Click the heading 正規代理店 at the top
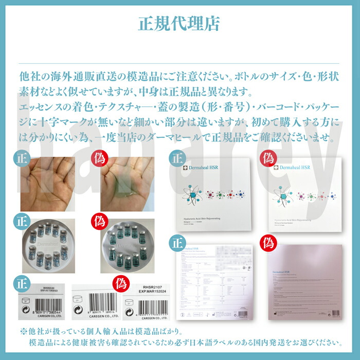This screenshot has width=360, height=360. pos(179,23)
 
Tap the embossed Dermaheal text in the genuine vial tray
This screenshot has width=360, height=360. pos(47,244)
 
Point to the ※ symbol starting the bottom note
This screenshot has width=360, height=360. pos(23,331)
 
